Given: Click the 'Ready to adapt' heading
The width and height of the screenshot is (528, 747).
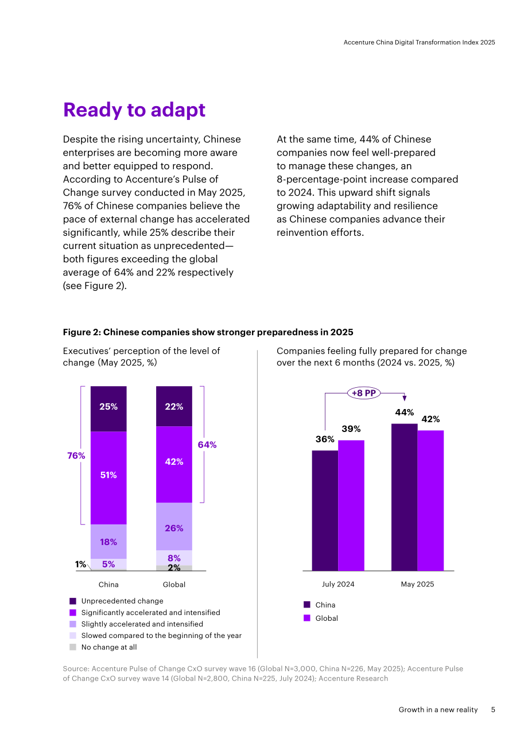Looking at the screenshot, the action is pos(134,110).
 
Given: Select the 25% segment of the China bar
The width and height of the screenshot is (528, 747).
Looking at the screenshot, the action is pos(108,409).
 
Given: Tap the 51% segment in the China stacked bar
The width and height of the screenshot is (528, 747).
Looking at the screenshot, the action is pos(108,478).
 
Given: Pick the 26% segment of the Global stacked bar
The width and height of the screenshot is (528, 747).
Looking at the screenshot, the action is pos(174,526).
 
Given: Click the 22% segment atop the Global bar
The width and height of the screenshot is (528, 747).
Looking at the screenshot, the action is pos(174,406).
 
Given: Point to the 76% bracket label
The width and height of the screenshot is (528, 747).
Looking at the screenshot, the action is pos(76,456).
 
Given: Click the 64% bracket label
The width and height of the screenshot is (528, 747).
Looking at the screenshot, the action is pos(207,445).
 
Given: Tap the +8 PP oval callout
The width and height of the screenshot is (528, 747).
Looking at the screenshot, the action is pos(364,393).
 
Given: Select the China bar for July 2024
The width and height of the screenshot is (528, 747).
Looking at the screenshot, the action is pos(325,511).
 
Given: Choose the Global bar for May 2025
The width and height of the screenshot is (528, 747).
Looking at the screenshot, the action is pos(430,500).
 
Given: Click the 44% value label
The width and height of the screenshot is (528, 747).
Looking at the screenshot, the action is pos(404,413).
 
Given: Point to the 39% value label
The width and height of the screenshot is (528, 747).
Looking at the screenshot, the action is pos(351,429).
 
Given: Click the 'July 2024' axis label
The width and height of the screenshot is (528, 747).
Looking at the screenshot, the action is pos(338,584).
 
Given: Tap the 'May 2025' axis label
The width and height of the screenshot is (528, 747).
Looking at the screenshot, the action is pos(417,584).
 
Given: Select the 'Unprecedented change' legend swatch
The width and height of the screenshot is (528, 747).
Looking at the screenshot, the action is pos(73,601).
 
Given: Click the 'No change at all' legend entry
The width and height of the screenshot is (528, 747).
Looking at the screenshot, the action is pos(103,647).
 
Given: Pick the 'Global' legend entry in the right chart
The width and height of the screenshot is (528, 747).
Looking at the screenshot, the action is pos(321,618).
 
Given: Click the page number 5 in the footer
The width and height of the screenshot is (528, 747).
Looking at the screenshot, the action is pos(493,710).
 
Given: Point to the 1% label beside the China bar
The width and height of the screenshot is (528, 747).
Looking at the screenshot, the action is pos(80,564).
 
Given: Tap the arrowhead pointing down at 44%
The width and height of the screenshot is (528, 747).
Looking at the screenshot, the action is pos(404,398).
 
